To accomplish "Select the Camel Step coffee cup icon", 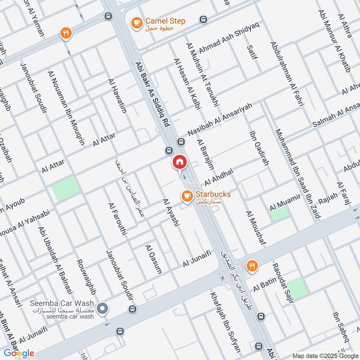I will [136, 22].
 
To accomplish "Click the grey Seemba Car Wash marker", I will [103, 308].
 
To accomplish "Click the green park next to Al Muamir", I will [279, 213].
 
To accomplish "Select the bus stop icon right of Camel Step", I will [203, 20].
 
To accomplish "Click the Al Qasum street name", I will [153, 259].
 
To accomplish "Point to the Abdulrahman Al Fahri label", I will [288, 74].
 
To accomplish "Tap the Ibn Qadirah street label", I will [259, 148].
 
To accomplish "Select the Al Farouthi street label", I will [118, 219].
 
